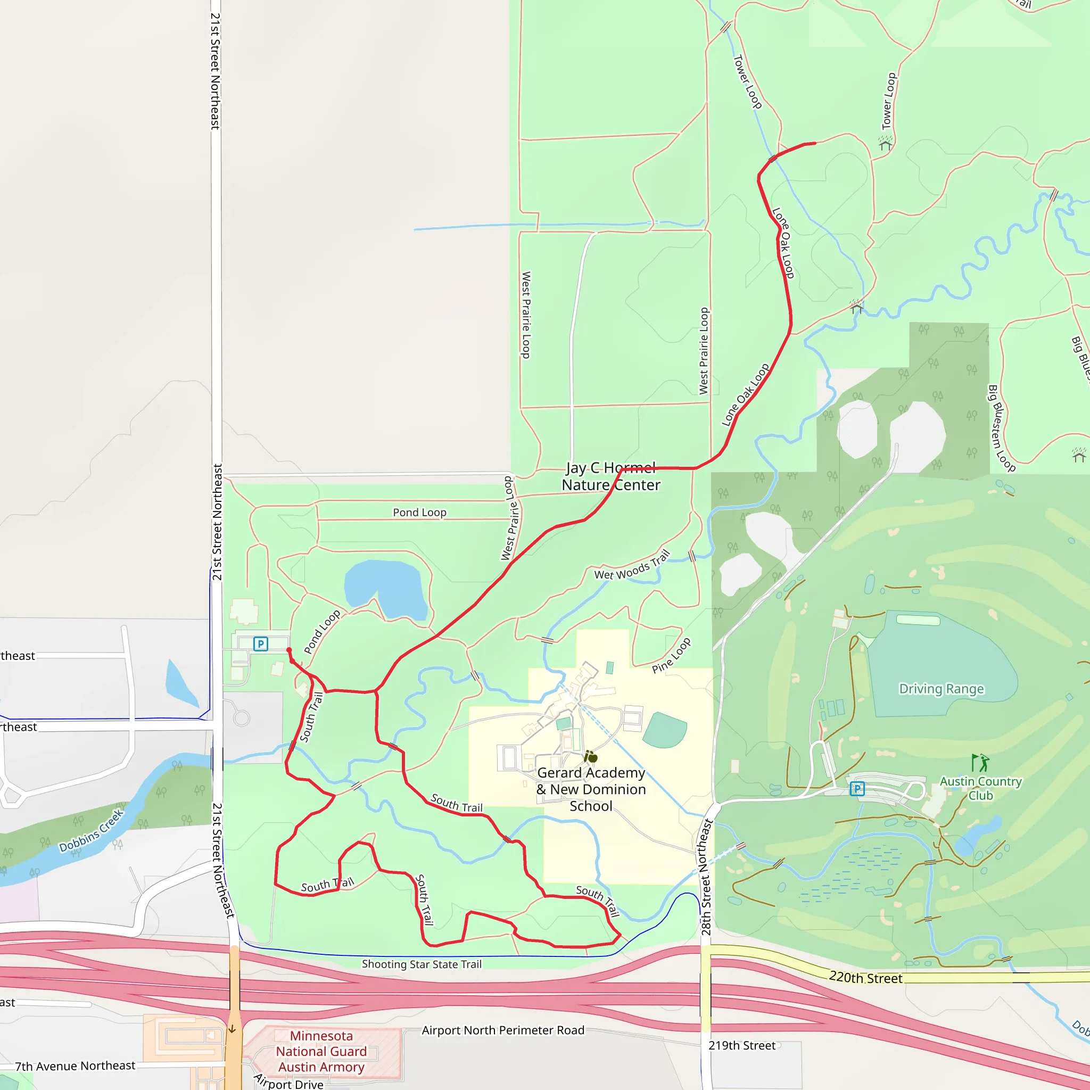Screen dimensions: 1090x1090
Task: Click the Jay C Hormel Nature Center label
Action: click(611, 477)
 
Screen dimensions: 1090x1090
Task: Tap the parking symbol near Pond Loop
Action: click(261, 644)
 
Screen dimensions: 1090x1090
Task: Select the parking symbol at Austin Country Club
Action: click(857, 789)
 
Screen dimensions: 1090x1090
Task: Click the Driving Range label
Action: click(941, 689)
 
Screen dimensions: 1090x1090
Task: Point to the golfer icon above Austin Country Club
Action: click(980, 763)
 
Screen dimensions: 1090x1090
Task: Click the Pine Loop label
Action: click(671, 656)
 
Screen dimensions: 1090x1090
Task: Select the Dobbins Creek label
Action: click(92, 830)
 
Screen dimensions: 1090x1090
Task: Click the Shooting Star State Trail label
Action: click(422, 964)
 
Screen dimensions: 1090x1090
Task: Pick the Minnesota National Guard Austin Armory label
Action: click(321, 1051)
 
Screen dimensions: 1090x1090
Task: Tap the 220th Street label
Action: click(865, 978)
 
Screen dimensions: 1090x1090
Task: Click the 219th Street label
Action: click(742, 1045)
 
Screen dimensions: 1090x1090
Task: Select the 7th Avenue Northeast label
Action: click(75, 1066)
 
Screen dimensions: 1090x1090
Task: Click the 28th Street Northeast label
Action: click(706, 877)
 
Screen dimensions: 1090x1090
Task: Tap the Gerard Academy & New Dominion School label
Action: click(591, 789)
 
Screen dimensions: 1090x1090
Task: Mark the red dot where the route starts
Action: click(289, 650)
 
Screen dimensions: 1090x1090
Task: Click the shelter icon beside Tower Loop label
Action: click(885, 144)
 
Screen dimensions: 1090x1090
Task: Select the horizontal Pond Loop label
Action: click(419, 513)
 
